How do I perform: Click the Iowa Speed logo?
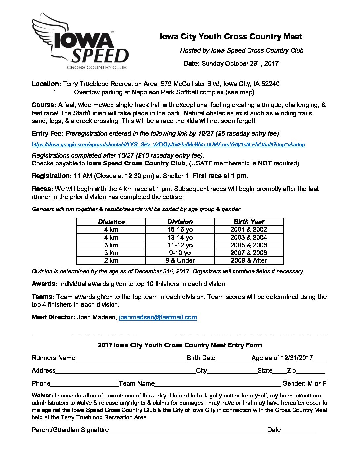click(80, 42)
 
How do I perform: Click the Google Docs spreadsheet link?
click(168, 145)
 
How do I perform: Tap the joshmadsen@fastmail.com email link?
click(158, 317)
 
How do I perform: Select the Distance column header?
click(111, 222)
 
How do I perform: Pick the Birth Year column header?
click(249, 222)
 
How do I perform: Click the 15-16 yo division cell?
click(180, 230)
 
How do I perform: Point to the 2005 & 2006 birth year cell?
click(249, 245)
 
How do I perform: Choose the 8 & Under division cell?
click(180, 261)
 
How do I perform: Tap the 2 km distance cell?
click(111, 261)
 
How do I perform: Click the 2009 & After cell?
click(249, 261)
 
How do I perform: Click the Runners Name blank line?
click(131, 359)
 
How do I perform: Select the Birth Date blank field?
click(234, 359)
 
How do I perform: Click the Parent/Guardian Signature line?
click(188, 431)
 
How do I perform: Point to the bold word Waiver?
click(42, 396)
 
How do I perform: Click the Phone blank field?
click(84, 384)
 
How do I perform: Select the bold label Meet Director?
click(54, 317)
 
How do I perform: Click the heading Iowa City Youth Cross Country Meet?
click(231, 37)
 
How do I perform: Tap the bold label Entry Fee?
click(48, 134)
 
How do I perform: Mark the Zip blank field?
click(310, 371)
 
